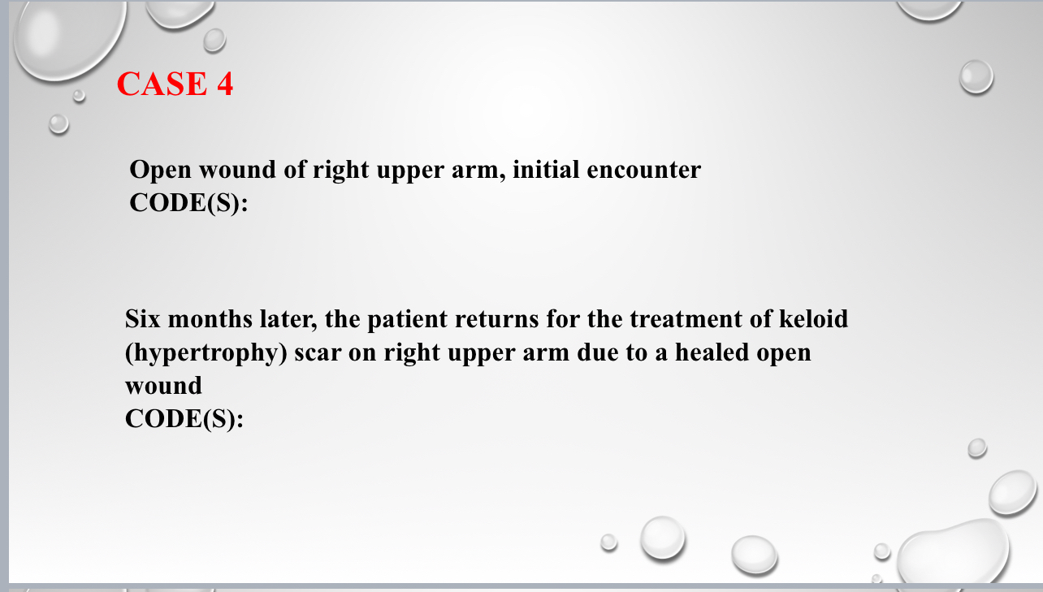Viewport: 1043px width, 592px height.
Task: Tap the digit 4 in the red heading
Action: [x=223, y=84]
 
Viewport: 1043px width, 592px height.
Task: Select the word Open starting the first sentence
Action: [x=161, y=171]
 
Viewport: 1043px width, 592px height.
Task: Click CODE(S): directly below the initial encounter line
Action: [x=188, y=203]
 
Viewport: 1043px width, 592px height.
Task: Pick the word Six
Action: [x=145, y=319]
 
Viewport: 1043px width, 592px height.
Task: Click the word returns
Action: [x=496, y=319]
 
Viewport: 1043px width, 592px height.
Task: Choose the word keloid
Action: [x=812, y=319]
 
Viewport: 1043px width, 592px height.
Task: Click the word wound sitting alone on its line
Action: [x=163, y=387]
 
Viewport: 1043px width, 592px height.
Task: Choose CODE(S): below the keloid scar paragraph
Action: [x=184, y=419]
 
